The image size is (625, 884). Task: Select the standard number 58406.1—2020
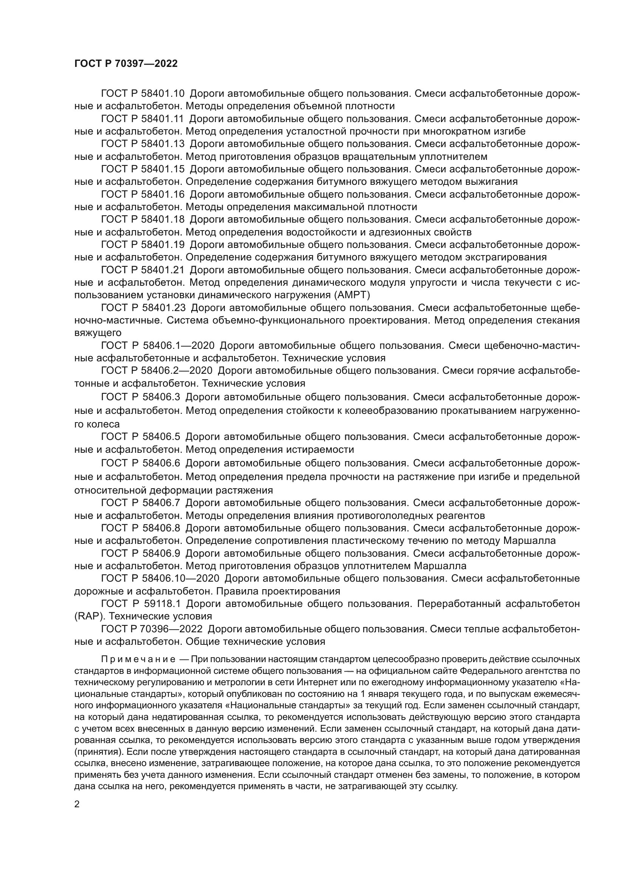tap(178, 346)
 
